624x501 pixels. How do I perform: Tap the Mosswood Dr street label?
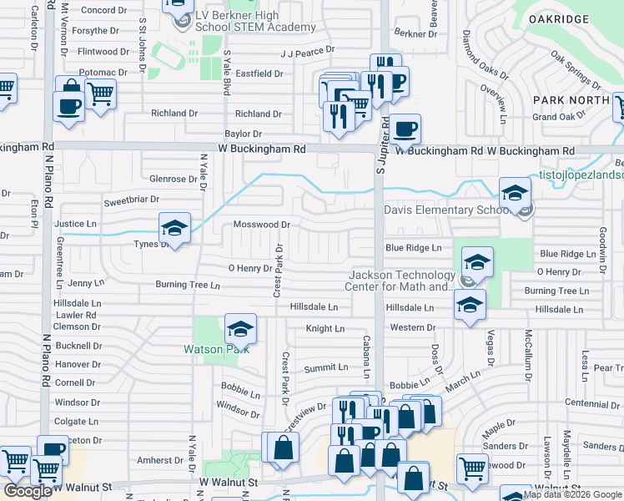pyautogui.click(x=261, y=225)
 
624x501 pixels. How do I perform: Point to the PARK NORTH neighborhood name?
pyautogui.click(x=573, y=99)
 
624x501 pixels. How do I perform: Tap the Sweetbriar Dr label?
pyautogui.click(x=131, y=200)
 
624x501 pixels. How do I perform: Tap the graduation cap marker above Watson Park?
pyautogui.click(x=239, y=329)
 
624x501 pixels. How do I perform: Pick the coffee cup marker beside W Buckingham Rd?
pyautogui.click(x=405, y=129)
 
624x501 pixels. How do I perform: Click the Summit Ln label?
pyautogui.click(x=326, y=367)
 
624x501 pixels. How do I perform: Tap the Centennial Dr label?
pyautogui.click(x=594, y=403)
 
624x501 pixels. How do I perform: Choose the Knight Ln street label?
pyautogui.click(x=325, y=329)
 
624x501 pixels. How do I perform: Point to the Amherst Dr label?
pyautogui.click(x=160, y=460)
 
